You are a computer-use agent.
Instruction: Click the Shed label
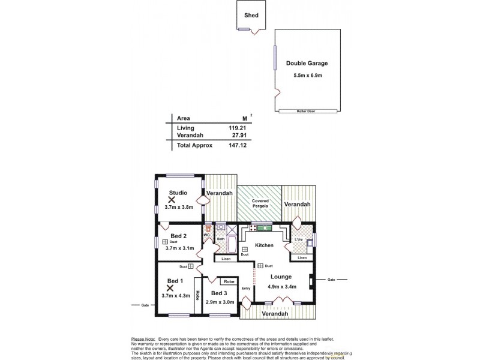pyautogui.click(x=251, y=15)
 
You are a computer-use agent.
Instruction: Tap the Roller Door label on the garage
pyautogui.click(x=305, y=111)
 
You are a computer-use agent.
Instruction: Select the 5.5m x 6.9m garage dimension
pyautogui.click(x=307, y=75)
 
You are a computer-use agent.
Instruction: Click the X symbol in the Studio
pyautogui.click(x=172, y=199)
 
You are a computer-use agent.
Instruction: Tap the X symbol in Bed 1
pyautogui.click(x=170, y=288)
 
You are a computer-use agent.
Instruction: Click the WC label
pyautogui.click(x=206, y=235)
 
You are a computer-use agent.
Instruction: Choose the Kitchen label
pyautogui.click(x=264, y=245)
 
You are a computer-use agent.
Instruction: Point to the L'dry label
pyautogui.click(x=299, y=240)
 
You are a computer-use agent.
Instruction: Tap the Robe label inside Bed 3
pyautogui.click(x=228, y=281)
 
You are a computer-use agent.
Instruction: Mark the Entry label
pyautogui.click(x=245, y=289)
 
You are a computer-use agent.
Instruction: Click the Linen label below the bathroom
pyautogui.click(x=226, y=259)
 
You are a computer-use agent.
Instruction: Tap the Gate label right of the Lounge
pyautogui.click(x=331, y=280)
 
